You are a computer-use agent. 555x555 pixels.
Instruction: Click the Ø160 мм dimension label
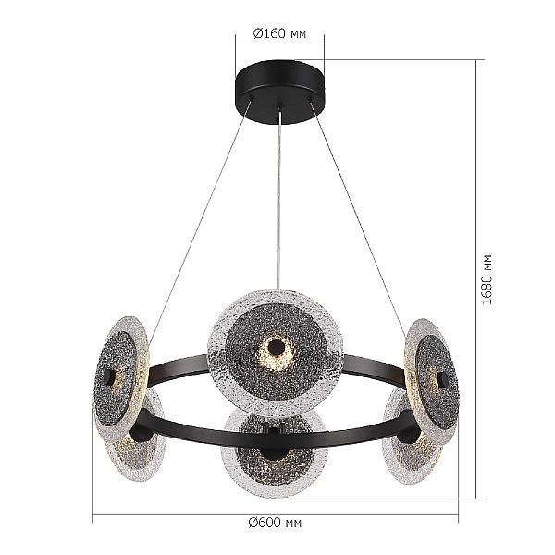pyautogui.click(x=279, y=33)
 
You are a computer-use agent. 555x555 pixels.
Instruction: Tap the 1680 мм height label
pyautogui.click(x=487, y=279)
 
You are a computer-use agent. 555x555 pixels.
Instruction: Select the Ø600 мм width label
pyautogui.click(x=275, y=522)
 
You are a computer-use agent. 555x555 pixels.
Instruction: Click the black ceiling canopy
pyautogui.click(x=280, y=92)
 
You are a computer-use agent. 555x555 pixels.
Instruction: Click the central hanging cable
pyautogui.click(x=280, y=197)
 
